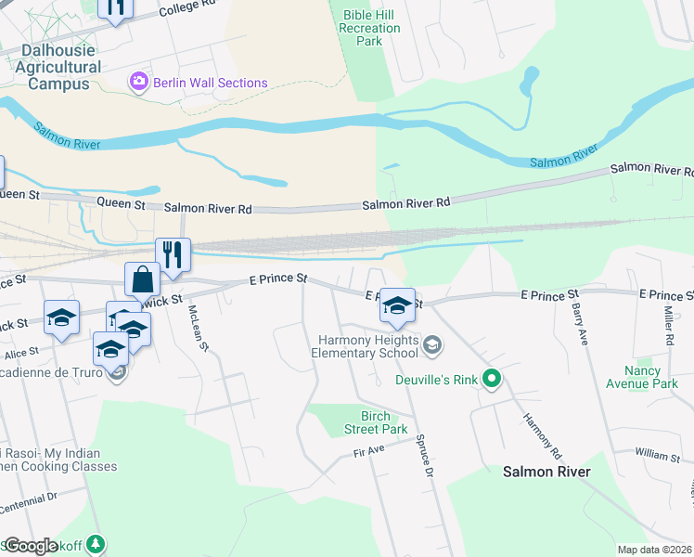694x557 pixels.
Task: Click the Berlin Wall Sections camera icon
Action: coord(139,83)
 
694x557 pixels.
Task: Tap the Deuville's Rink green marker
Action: coord(493,378)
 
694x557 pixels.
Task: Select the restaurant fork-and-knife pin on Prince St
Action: coord(173,253)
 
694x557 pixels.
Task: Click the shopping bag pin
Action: coord(143,278)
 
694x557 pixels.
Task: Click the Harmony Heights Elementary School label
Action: coord(365,346)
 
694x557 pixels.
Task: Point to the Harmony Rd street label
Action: coord(542,434)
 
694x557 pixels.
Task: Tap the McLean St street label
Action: coord(199,328)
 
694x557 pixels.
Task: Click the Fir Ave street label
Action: coord(368,449)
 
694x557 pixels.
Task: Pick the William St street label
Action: coord(658,453)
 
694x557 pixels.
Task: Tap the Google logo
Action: coord(31,546)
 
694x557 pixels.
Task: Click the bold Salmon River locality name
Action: coord(546,472)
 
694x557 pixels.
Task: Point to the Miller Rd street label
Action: coord(667,323)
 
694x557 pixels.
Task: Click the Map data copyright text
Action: coord(654,550)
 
